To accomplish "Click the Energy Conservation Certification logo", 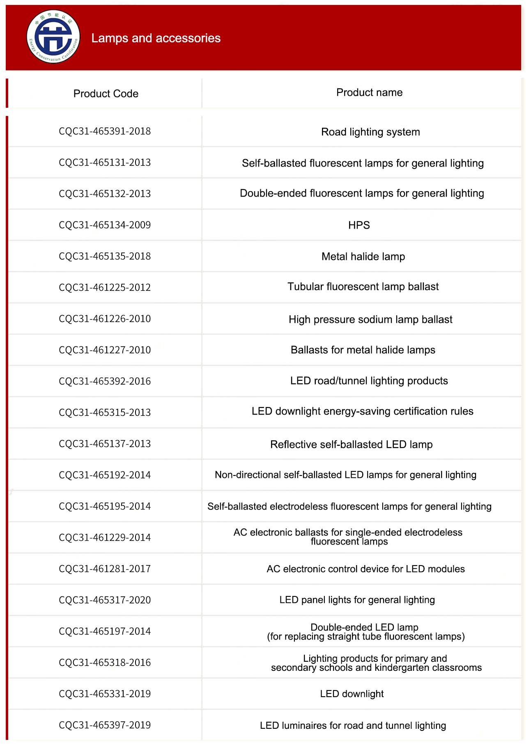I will [x=53, y=37].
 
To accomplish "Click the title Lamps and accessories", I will [x=156, y=38].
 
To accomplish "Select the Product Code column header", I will [x=106, y=94].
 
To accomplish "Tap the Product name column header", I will [x=369, y=93].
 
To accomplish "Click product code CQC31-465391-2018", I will [x=105, y=131].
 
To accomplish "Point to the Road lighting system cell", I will [x=370, y=132].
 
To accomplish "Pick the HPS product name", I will [x=359, y=225].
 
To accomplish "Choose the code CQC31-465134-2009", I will [x=105, y=225].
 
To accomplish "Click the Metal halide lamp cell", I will [x=363, y=257].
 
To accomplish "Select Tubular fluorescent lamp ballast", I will [x=363, y=287].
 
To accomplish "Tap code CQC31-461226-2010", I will [x=105, y=319].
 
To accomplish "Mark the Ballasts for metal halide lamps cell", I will [x=363, y=350].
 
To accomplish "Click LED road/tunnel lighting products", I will [x=369, y=381].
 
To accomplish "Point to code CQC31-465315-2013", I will [x=105, y=413].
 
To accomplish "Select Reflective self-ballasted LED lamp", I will [x=351, y=445].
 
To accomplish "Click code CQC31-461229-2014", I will [x=105, y=538].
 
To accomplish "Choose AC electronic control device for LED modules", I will [x=365, y=569].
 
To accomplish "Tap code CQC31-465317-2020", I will [x=105, y=600].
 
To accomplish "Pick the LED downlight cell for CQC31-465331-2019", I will [x=352, y=694].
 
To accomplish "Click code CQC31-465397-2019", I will [x=105, y=725].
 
